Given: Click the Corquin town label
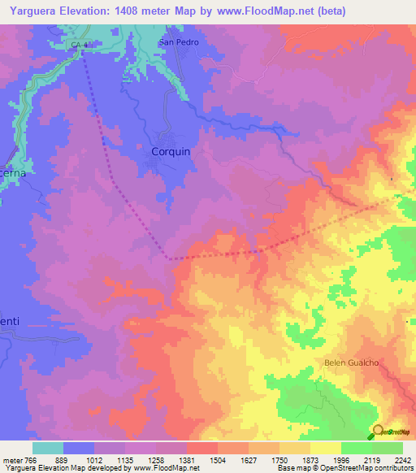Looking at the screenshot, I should pos(171,151).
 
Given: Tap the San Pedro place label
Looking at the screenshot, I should pos(178,41).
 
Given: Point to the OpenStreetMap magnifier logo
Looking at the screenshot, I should pos(378,432).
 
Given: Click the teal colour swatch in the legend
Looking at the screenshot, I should pos(47,448).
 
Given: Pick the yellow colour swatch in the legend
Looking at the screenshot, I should pos(325,448).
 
